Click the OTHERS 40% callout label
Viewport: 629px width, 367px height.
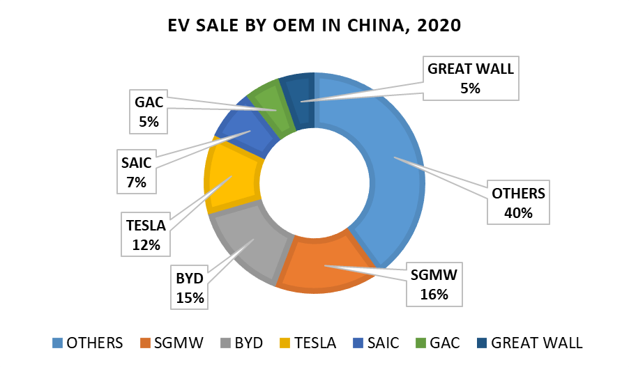(518, 203)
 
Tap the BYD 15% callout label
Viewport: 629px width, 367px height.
(190, 288)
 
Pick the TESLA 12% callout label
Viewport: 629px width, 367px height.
(146, 235)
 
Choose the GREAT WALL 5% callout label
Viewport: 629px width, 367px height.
(471, 79)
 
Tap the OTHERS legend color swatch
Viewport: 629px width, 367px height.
(58, 343)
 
